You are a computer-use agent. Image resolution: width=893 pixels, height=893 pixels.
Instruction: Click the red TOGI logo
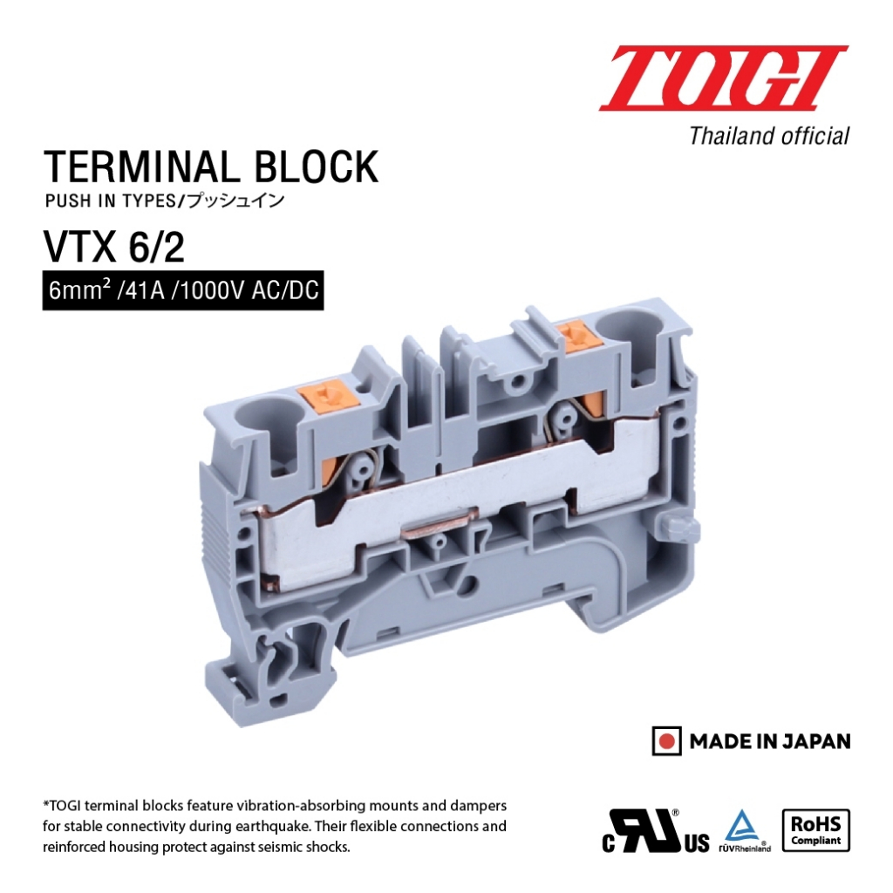(x=723, y=78)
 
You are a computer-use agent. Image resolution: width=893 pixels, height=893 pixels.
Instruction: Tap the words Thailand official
(x=769, y=137)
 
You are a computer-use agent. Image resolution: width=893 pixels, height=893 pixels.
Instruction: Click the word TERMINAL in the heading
(x=140, y=167)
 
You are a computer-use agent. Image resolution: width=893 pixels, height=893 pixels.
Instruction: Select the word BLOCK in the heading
(x=315, y=167)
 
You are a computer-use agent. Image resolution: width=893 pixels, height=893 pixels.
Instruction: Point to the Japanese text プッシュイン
(x=235, y=201)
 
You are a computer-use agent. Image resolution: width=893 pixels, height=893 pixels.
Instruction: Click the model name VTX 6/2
(x=114, y=248)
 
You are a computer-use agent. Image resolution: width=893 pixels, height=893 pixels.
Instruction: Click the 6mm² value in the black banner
(x=79, y=290)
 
